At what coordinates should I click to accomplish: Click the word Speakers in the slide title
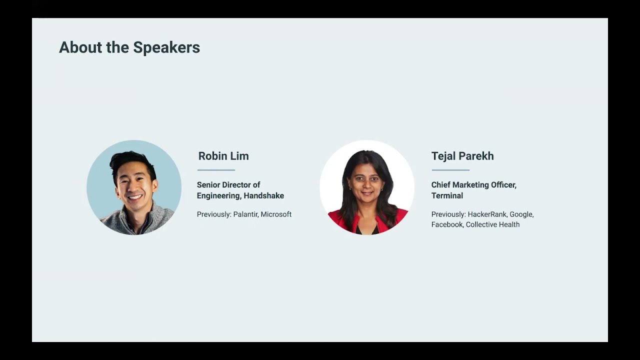tap(166, 48)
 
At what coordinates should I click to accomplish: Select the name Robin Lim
tap(223, 156)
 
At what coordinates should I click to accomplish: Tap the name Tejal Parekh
tap(462, 156)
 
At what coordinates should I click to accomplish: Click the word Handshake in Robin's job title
tap(264, 195)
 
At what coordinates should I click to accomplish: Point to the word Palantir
tap(245, 214)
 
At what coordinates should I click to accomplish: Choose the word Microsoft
tap(276, 214)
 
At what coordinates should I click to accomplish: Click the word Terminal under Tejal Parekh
tap(447, 195)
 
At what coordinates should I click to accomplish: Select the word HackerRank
tap(486, 214)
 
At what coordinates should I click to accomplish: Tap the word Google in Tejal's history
tap(521, 214)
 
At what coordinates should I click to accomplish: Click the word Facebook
tap(447, 224)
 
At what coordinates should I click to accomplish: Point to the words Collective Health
tap(492, 224)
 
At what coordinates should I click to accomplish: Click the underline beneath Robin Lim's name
tap(216, 170)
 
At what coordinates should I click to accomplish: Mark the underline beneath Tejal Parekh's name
tap(450, 170)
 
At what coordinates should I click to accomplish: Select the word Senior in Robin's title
tap(208, 185)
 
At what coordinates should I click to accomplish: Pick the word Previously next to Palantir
tap(214, 214)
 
